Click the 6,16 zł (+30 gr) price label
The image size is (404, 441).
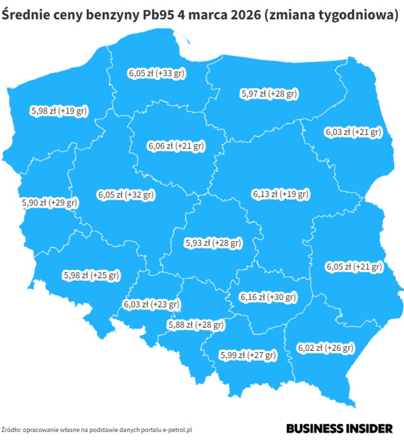click(x=268, y=297)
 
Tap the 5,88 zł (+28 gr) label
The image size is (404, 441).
click(x=196, y=325)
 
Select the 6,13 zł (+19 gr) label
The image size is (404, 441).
click(x=281, y=194)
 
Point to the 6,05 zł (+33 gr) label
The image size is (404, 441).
click(x=156, y=74)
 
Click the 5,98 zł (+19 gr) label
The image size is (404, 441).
click(x=59, y=111)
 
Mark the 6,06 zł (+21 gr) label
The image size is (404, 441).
click(x=176, y=145)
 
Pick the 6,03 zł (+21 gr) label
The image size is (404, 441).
click(x=353, y=132)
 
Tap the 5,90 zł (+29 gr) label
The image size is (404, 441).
click(x=50, y=203)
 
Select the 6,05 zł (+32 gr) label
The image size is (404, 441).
click(x=126, y=194)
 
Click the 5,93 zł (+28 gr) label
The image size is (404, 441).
click(x=213, y=242)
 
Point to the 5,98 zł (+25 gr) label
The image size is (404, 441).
click(x=91, y=275)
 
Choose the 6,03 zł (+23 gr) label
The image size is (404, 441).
click(x=151, y=304)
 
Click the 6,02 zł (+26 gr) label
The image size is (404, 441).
click(x=325, y=348)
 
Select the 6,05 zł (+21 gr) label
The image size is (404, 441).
click(x=353, y=266)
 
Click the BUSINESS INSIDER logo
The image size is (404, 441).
click(x=339, y=429)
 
